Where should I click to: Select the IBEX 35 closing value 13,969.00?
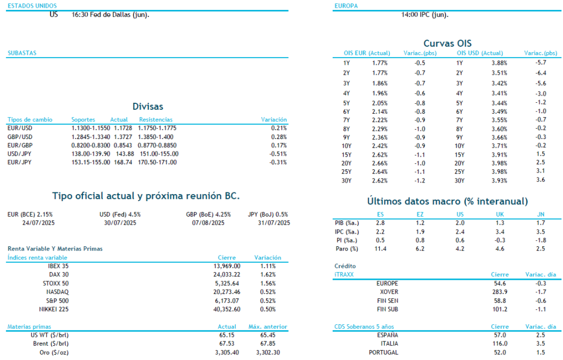(222, 266)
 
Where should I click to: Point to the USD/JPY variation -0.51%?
(278, 154)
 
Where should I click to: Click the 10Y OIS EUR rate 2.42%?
(379, 146)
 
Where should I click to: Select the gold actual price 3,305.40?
(227, 352)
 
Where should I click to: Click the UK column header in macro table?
(499, 214)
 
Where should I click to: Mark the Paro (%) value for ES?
(380, 249)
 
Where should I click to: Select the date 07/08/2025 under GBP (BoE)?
(208, 223)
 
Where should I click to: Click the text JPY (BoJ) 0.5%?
(268, 214)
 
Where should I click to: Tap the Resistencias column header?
(156, 119)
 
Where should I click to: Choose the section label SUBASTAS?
(22, 53)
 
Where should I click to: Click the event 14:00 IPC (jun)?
(424, 15)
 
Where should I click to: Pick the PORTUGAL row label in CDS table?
(384, 352)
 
